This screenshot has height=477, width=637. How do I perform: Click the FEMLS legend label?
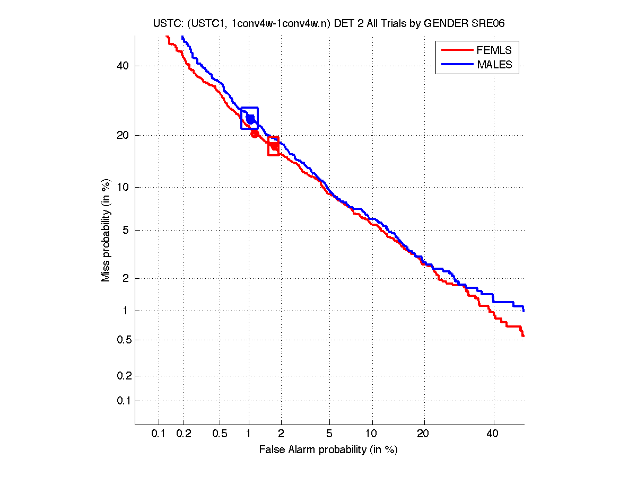pyautogui.click(x=494, y=50)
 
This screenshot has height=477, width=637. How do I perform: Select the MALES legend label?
pyautogui.click(x=494, y=65)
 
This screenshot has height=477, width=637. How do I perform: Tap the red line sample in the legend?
pyautogui.click(x=457, y=50)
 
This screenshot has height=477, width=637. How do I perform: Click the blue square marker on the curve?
pyautogui.click(x=249, y=118)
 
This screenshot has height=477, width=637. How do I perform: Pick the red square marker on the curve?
pyautogui.click(x=274, y=146)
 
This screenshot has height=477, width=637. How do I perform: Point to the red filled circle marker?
pyautogui.click(x=255, y=134)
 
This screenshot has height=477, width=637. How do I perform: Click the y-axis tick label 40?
pyautogui.click(x=123, y=66)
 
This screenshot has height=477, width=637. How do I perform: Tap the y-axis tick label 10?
pyautogui.click(x=123, y=187)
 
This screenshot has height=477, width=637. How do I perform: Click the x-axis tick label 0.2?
pyautogui.click(x=184, y=434)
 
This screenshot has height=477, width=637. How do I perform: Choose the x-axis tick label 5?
pyautogui.click(x=329, y=434)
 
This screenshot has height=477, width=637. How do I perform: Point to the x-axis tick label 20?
pyautogui.click(x=423, y=434)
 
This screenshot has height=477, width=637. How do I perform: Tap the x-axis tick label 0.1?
pyautogui.click(x=159, y=434)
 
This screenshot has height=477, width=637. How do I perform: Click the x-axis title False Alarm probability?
pyautogui.click(x=328, y=450)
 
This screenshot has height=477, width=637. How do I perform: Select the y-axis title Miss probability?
pyautogui.click(x=107, y=230)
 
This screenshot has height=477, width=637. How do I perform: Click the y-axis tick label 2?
pyautogui.click(x=125, y=278)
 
